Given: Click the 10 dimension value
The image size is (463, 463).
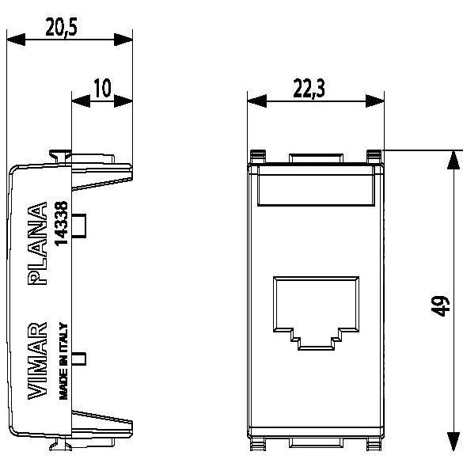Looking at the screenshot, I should point(102,88).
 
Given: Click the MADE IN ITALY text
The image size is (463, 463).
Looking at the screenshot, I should point(64,361).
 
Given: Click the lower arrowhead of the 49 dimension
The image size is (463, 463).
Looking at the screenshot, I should point(452,448).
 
